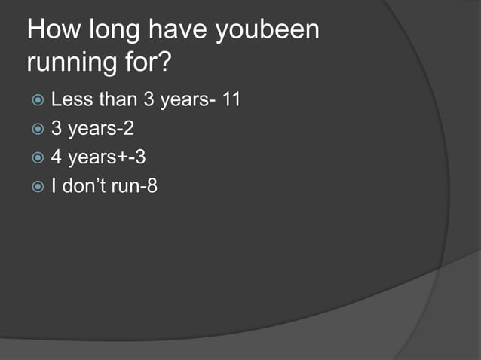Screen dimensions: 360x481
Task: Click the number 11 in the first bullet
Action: tap(231, 99)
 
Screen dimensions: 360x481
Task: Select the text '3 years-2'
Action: tap(92, 129)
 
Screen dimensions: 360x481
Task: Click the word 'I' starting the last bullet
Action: tap(54, 186)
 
